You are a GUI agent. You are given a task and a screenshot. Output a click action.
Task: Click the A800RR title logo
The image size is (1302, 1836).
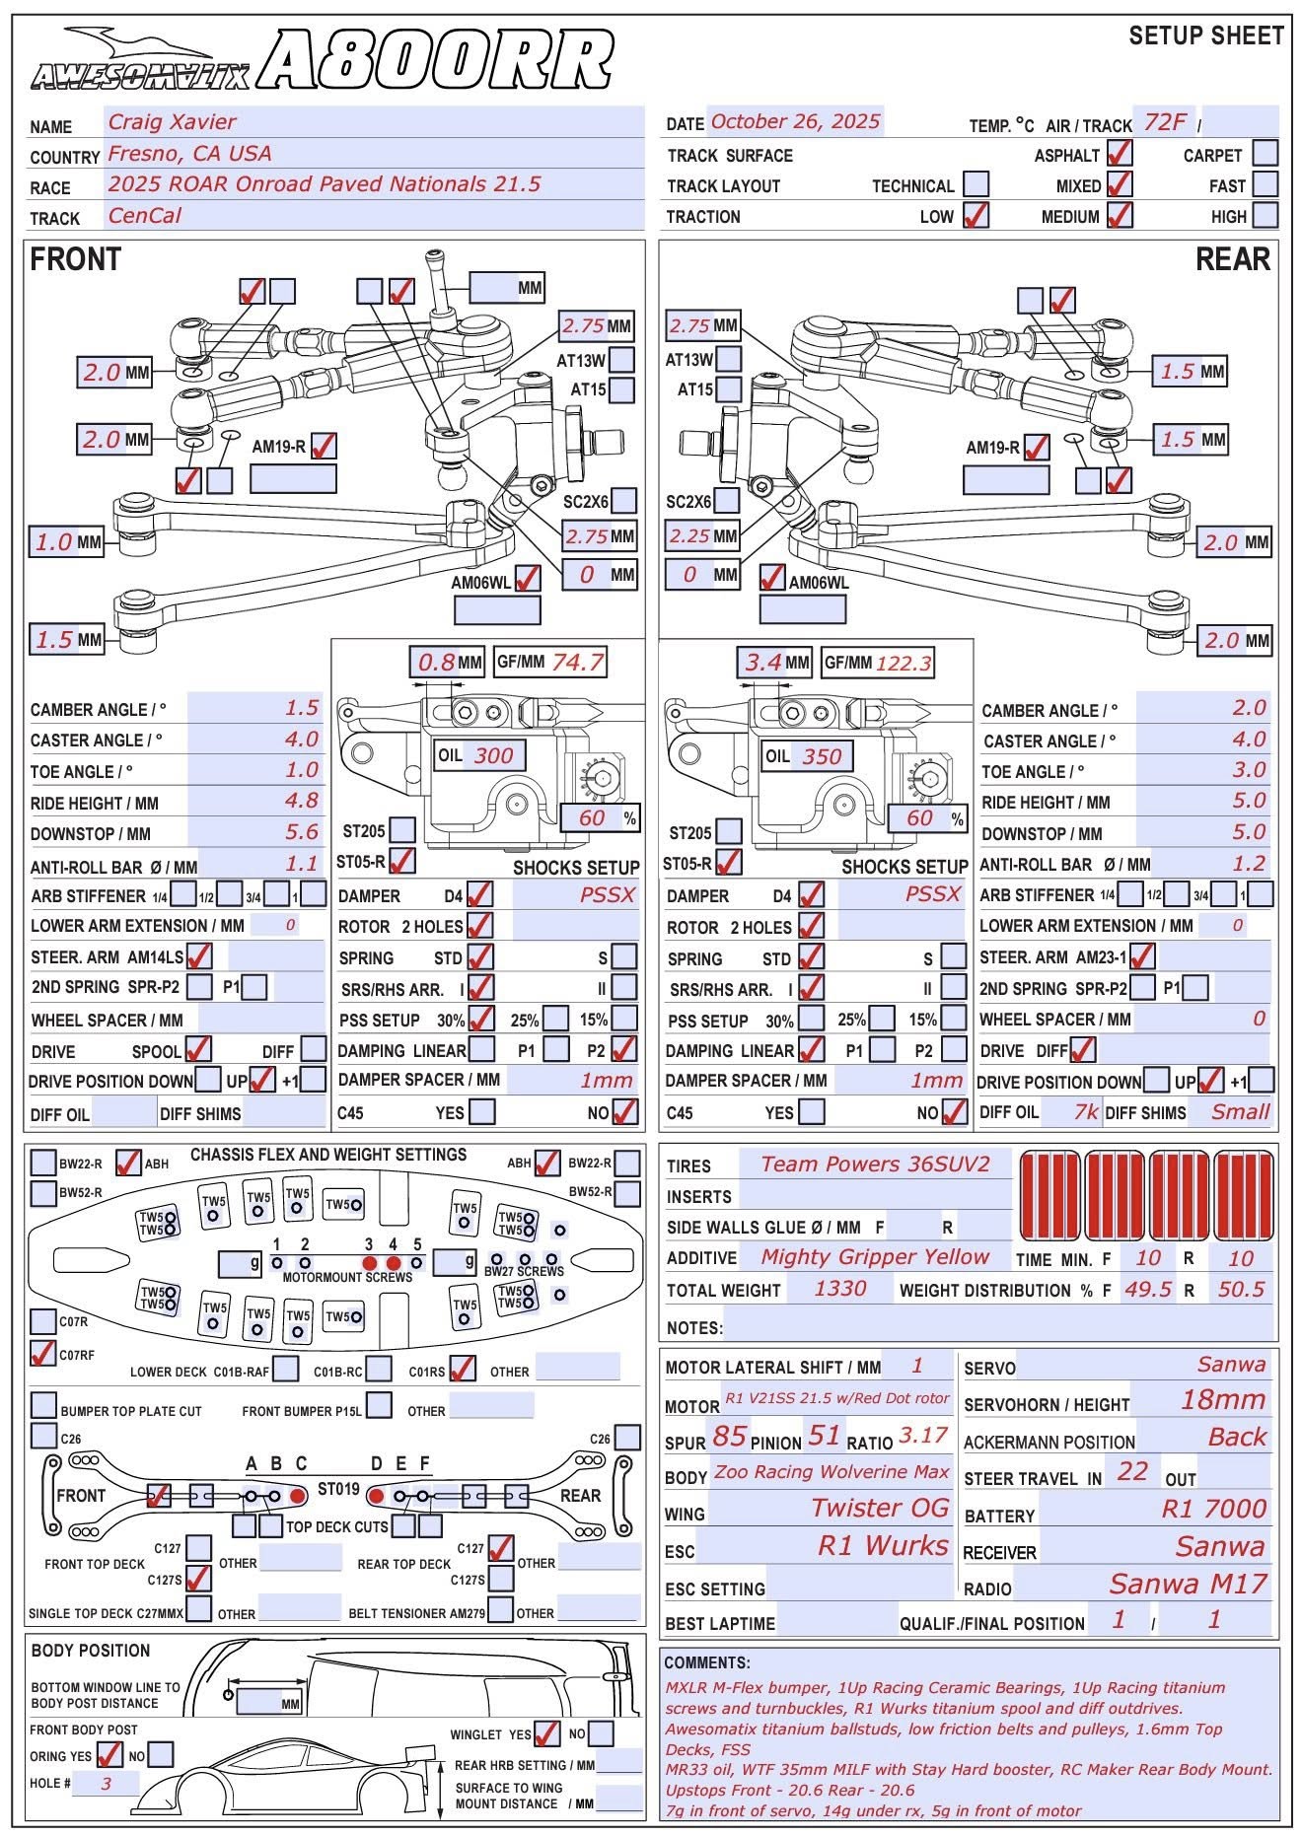pos(439,61)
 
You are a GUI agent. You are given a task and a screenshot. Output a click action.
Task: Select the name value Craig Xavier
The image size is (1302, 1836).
pos(173,122)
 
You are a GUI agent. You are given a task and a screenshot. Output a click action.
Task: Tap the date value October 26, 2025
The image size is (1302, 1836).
pos(795,121)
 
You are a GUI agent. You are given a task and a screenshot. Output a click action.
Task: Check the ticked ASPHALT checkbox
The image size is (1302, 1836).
pos(1120,154)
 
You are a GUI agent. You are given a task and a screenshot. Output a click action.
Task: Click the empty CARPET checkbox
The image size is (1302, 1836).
pos(1265,154)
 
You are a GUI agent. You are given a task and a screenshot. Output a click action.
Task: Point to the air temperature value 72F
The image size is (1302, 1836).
pos(1165,122)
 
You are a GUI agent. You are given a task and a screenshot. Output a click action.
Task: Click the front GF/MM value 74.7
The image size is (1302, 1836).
pos(577,662)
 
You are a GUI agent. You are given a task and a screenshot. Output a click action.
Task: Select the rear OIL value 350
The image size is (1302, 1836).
pos(822,756)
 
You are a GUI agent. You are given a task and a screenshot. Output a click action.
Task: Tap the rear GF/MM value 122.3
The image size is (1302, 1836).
pos(904,663)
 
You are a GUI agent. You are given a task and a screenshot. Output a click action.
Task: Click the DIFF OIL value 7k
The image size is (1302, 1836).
pos(1085,1111)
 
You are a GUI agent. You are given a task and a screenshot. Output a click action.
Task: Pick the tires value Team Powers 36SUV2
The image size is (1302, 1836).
pos(875,1164)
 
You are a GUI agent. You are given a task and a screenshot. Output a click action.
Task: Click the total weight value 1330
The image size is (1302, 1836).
pos(840,1288)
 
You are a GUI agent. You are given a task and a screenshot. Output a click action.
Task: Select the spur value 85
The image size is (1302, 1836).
pos(729,1436)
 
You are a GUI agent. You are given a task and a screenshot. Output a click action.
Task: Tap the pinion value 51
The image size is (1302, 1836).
pos(824,1436)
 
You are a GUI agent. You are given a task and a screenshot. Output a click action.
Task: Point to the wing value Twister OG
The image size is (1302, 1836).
pos(880,1508)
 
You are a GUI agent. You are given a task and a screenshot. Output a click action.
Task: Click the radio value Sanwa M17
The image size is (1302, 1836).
pos(1188,1584)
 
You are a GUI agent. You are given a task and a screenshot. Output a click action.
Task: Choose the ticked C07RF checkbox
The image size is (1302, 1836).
pos(43,1353)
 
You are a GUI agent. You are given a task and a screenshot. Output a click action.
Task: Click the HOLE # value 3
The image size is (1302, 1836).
pos(106,1783)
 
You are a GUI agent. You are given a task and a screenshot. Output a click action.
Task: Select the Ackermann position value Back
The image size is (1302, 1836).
pos(1237,1437)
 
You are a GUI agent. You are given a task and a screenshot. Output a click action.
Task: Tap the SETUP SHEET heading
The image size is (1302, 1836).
pos(1205,36)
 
